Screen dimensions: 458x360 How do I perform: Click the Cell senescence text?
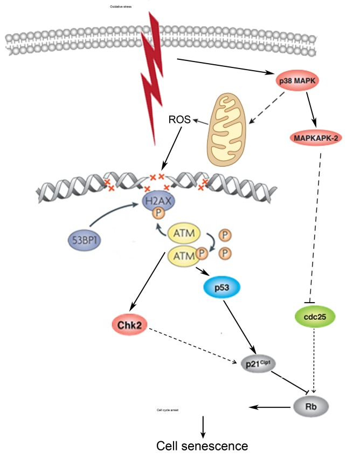coord(202,446)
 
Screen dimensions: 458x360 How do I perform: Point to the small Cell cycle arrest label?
coord(167,410)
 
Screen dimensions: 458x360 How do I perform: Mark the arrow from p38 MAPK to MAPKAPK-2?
coord(311,108)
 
